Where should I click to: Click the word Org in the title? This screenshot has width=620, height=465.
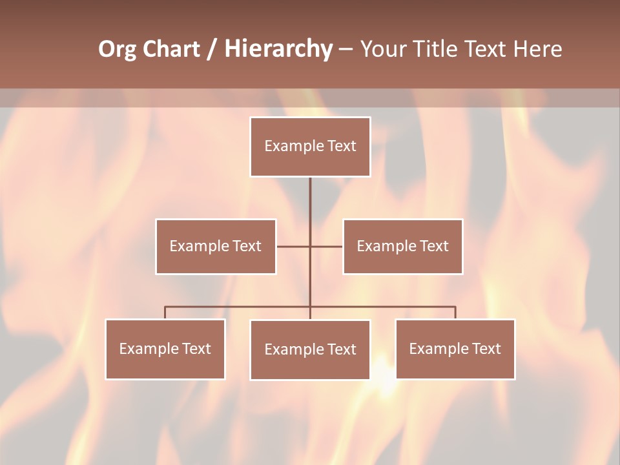coord(117,49)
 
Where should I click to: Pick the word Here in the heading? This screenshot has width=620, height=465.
coord(537,49)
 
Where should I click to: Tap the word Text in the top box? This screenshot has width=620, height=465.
coord(342,146)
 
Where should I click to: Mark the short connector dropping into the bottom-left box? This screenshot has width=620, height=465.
coord(165,313)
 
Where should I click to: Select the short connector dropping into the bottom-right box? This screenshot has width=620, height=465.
coord(455,313)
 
